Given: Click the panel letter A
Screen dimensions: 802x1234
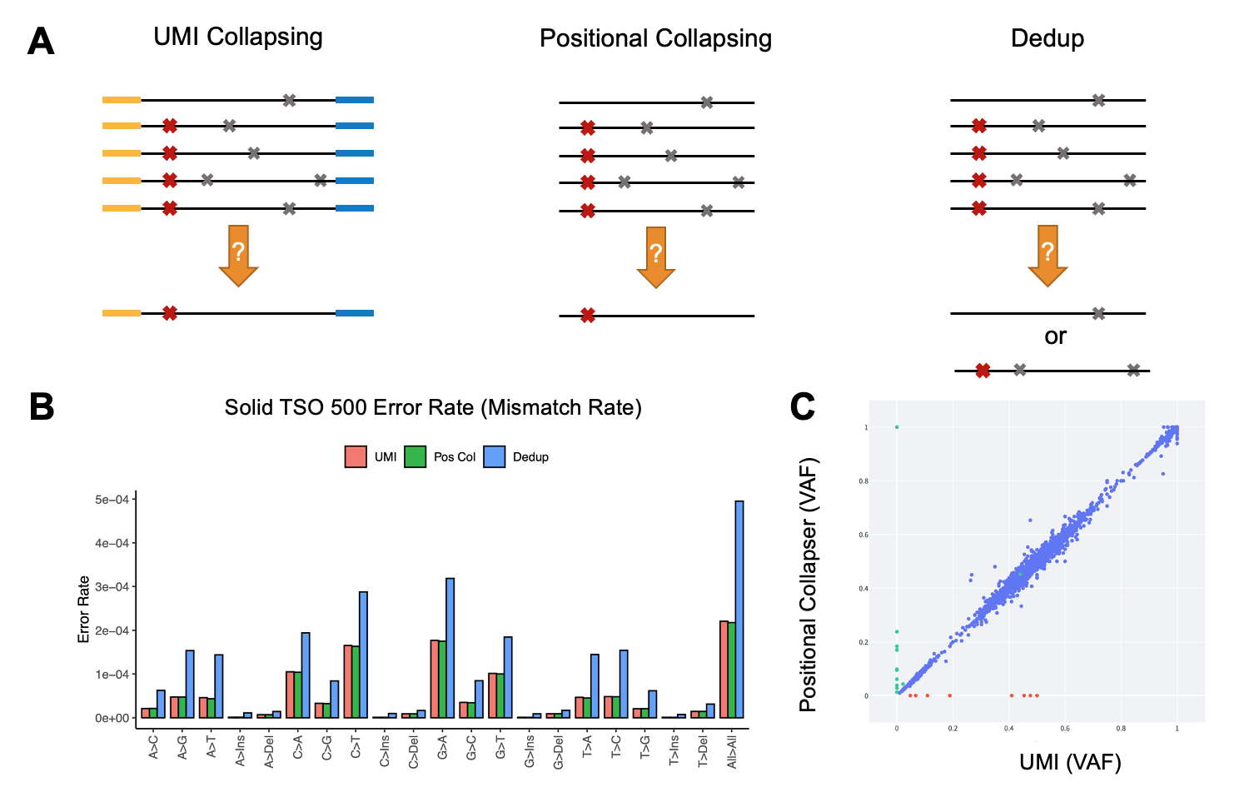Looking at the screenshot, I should (x=41, y=42).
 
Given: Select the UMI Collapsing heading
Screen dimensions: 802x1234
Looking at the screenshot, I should (x=238, y=37).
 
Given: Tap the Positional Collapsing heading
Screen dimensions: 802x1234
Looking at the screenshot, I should (x=655, y=38).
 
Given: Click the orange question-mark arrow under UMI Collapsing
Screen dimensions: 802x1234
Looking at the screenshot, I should (x=238, y=254).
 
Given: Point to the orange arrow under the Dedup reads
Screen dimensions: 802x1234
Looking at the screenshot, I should (x=1047, y=254).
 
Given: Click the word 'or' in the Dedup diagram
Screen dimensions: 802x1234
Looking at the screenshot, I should (x=1055, y=336).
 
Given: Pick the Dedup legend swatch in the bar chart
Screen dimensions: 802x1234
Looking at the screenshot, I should (x=495, y=456).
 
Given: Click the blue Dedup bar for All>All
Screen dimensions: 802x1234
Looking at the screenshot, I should (x=739, y=609).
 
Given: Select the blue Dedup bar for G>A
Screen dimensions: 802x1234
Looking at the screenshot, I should (x=450, y=648).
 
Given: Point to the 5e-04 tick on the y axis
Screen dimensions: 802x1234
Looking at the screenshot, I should (x=112, y=500).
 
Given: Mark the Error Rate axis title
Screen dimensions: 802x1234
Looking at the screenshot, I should (x=83, y=609).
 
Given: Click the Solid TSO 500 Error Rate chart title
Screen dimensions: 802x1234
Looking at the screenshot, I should (x=433, y=408).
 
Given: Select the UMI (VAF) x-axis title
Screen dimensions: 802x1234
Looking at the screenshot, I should (x=1070, y=761).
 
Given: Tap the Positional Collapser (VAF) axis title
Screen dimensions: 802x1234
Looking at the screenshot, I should (x=808, y=585).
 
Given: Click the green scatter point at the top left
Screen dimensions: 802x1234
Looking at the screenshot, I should (x=897, y=427).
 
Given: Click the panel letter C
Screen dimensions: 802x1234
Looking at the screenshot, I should (x=803, y=406).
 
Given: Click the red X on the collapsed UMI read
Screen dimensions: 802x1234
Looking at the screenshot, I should (x=170, y=313).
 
